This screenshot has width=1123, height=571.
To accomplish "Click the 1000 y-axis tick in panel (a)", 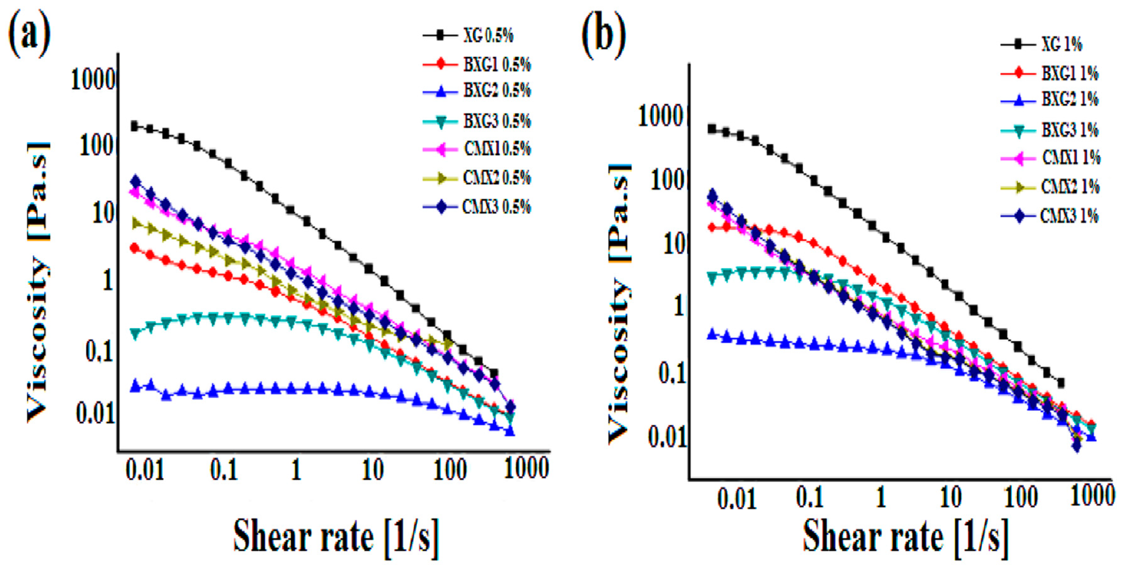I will tap(93, 80).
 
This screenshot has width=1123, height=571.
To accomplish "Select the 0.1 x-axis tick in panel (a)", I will tap(224, 470).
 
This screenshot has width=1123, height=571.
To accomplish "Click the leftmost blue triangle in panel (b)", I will tap(711, 334).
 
